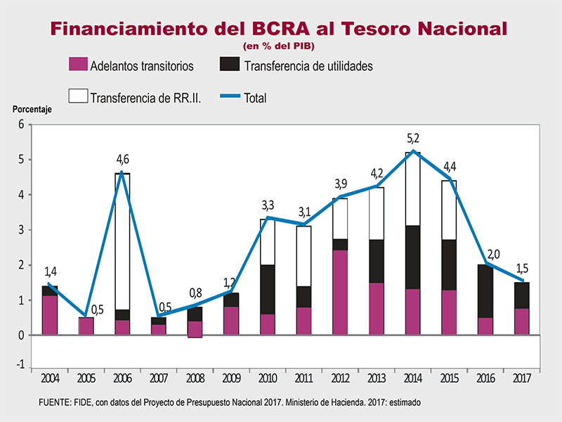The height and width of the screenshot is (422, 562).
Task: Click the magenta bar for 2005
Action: [x=86, y=326]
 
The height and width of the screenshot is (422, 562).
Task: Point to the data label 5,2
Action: [x=413, y=139]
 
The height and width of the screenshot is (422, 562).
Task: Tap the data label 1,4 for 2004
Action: [x=51, y=271]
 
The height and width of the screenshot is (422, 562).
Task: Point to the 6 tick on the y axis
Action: [x=21, y=124]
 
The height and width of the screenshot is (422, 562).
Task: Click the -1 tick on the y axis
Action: [x=20, y=364]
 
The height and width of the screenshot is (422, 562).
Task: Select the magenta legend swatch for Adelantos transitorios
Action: [x=77, y=65]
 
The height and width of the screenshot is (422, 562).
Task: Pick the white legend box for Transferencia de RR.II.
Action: [x=77, y=97]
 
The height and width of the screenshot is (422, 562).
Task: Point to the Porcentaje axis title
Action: [x=32, y=109]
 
